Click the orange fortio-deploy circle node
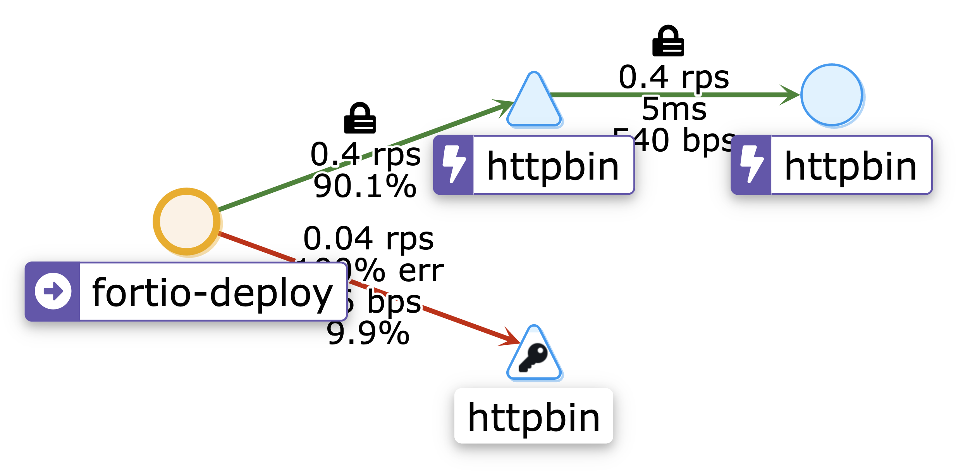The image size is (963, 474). coord(187,221)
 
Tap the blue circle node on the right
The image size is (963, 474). coord(831,95)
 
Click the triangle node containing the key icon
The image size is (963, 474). coord(534,357)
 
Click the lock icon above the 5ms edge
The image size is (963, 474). coord(668,41)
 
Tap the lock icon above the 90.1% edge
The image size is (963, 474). coord(360,118)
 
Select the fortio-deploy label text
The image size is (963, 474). coord(212,293)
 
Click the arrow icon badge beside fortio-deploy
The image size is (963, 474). coord(53,291)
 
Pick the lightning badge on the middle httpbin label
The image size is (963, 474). coord(454,164)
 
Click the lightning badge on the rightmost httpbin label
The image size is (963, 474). coord(751,164)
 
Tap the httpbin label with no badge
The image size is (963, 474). coord(534,417)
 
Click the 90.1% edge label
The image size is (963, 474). coord(365,187)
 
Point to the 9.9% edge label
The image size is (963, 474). coord(368,333)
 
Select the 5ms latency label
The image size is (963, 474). coord(674,109)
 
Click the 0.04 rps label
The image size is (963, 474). coord(368,239)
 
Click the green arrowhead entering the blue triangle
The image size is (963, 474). coord(504,105)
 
